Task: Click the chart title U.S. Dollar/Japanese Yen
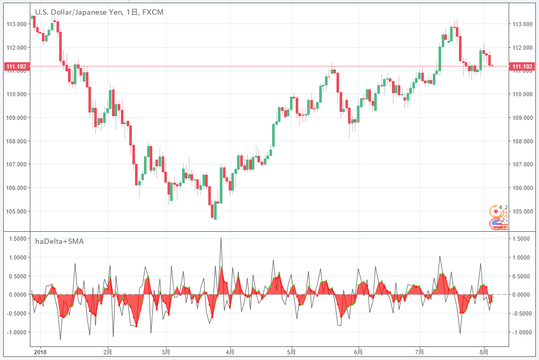[78, 12]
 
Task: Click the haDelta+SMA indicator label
[59, 241]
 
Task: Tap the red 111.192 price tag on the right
[522, 66]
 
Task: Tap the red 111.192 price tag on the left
[16, 66]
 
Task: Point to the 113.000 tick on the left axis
[17, 24]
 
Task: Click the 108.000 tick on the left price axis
[17, 141]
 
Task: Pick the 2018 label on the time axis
[40, 352]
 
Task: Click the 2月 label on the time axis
[108, 352]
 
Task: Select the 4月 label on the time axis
[230, 352]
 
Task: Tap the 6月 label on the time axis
[358, 352]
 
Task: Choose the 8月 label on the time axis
[484, 352]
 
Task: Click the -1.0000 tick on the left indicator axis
[16, 332]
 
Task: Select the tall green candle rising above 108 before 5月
[273, 136]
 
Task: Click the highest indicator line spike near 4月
[221, 239]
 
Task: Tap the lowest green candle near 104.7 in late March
[215, 210]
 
